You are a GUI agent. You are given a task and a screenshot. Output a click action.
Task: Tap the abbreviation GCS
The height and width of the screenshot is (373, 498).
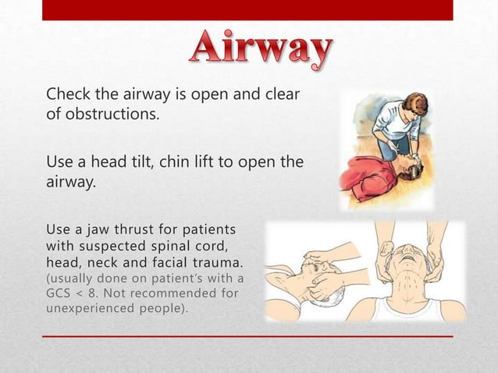pyautogui.click(x=60, y=293)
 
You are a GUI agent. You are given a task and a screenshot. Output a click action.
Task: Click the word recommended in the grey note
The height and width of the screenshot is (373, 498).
pyautogui.click(x=173, y=293)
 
